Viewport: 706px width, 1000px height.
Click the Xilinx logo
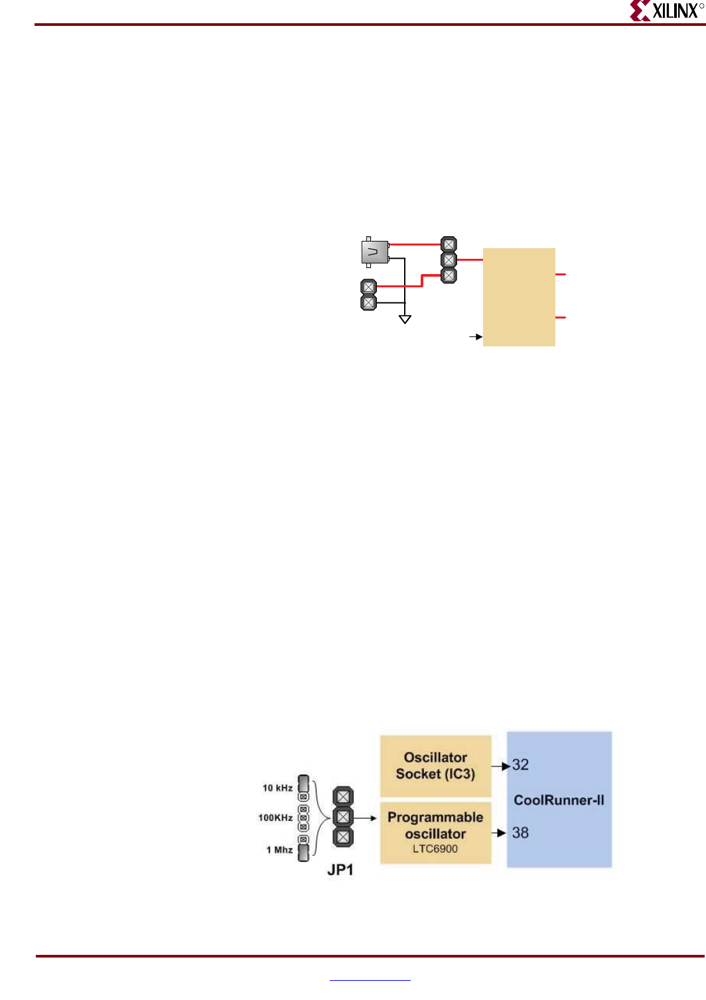coord(666,11)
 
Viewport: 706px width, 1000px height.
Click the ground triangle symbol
coord(405,319)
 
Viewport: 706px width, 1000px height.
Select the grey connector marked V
coord(375,252)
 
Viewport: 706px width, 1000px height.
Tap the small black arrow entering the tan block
coord(476,337)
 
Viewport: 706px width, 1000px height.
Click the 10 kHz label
coord(277,788)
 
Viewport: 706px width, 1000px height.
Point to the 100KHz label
coord(275,818)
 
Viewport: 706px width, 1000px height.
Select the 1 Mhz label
coord(279,850)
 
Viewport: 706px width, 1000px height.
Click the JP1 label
coord(340,870)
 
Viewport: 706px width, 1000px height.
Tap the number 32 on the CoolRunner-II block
coord(520,765)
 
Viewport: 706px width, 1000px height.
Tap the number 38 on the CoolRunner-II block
coord(520,833)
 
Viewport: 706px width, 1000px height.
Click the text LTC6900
coord(435,849)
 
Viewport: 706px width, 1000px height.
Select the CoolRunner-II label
coord(559,800)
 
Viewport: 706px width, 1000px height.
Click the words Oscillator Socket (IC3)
coord(435,766)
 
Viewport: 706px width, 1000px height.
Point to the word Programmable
coord(435,818)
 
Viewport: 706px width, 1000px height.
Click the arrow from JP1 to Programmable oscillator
coord(366,818)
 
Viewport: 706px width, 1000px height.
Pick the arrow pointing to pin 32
coord(501,766)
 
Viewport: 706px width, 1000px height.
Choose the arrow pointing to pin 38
coord(499,833)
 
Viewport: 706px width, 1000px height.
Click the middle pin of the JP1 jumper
coord(343,817)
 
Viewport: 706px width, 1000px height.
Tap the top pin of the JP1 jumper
coord(343,796)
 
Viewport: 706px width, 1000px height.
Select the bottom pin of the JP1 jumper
coord(343,837)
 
